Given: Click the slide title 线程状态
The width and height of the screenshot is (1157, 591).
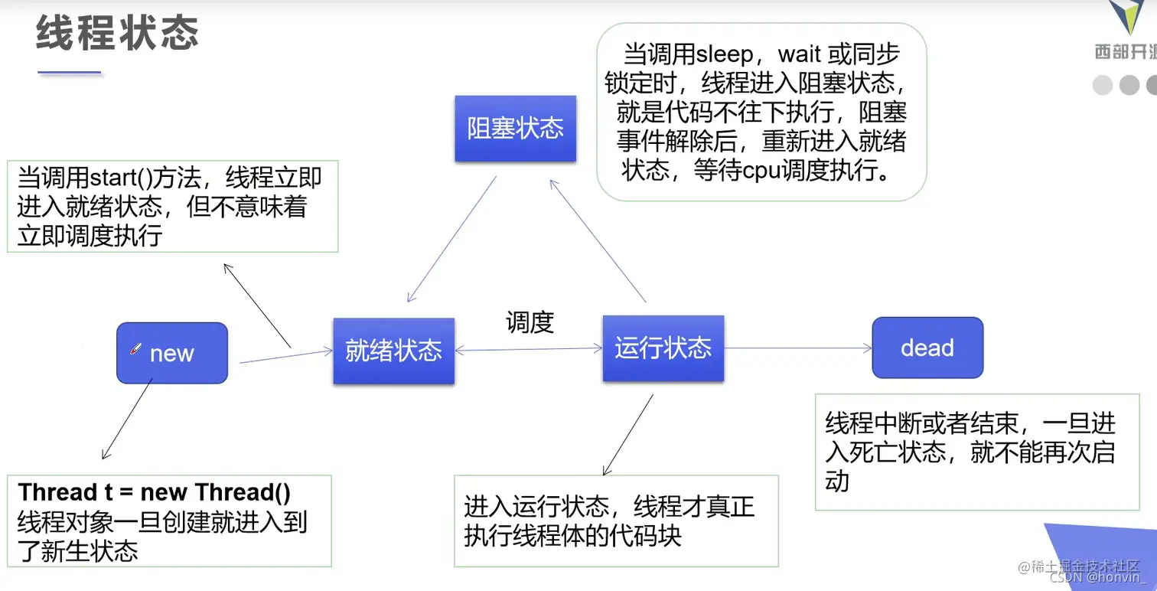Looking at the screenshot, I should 117,34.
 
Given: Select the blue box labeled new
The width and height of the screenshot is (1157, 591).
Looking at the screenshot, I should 172,353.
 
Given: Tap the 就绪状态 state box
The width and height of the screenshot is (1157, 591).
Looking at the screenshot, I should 393,351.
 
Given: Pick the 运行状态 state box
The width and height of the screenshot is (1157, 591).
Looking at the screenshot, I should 663,348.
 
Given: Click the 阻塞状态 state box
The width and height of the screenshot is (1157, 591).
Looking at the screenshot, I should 515,128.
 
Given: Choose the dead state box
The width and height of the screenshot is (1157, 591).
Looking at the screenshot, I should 927,348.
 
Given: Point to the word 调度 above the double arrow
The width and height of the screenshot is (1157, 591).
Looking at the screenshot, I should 530,322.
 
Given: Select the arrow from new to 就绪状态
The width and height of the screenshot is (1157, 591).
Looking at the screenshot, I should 286,357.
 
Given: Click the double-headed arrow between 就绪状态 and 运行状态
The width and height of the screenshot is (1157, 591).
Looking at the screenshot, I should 529,350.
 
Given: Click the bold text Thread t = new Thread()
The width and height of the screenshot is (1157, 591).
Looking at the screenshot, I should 154,491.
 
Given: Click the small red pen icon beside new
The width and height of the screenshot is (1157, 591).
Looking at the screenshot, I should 136,349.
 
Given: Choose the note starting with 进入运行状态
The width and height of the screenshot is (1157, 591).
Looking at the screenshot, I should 615,521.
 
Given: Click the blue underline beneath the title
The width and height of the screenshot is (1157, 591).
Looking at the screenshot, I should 70,73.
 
